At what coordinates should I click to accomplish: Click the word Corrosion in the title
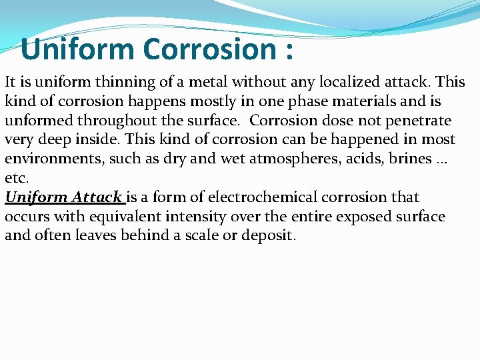click(205, 49)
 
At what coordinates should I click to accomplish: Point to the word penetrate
click(413, 121)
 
